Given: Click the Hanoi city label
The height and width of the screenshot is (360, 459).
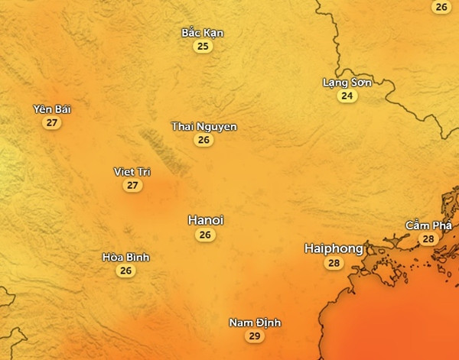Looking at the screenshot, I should point(205,220).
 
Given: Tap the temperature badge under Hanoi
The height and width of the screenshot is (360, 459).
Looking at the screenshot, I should point(205,235).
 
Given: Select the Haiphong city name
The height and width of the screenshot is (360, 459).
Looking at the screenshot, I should point(334,248).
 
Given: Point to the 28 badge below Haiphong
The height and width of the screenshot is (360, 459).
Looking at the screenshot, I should point(334,264).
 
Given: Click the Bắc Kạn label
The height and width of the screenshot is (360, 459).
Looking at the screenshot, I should point(203,33).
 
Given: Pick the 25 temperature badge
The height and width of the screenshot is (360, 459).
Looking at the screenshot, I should point(203,47).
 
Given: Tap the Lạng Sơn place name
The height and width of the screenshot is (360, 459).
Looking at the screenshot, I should point(347,83).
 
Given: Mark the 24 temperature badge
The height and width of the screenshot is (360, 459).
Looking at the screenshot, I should point(347,96).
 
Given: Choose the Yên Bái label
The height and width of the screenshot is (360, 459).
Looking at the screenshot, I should point(51,109).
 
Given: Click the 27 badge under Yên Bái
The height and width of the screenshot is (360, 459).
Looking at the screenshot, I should point(51,123).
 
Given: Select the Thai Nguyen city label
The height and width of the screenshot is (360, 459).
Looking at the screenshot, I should point(203,126).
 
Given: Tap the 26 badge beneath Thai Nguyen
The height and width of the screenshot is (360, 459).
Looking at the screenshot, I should point(203,140).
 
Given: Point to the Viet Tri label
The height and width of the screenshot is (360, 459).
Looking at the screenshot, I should point(132,171).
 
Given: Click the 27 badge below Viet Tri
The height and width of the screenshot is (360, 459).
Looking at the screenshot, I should point(132,185).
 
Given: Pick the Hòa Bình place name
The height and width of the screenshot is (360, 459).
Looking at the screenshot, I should point(125,257).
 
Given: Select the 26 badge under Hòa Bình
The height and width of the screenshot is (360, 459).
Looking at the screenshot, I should point(125,271).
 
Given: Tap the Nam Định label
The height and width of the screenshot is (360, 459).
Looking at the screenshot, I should point(255,323).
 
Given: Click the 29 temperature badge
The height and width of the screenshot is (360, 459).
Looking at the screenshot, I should point(255,336).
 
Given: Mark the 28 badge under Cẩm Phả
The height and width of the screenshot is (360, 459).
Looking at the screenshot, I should point(428,239).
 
